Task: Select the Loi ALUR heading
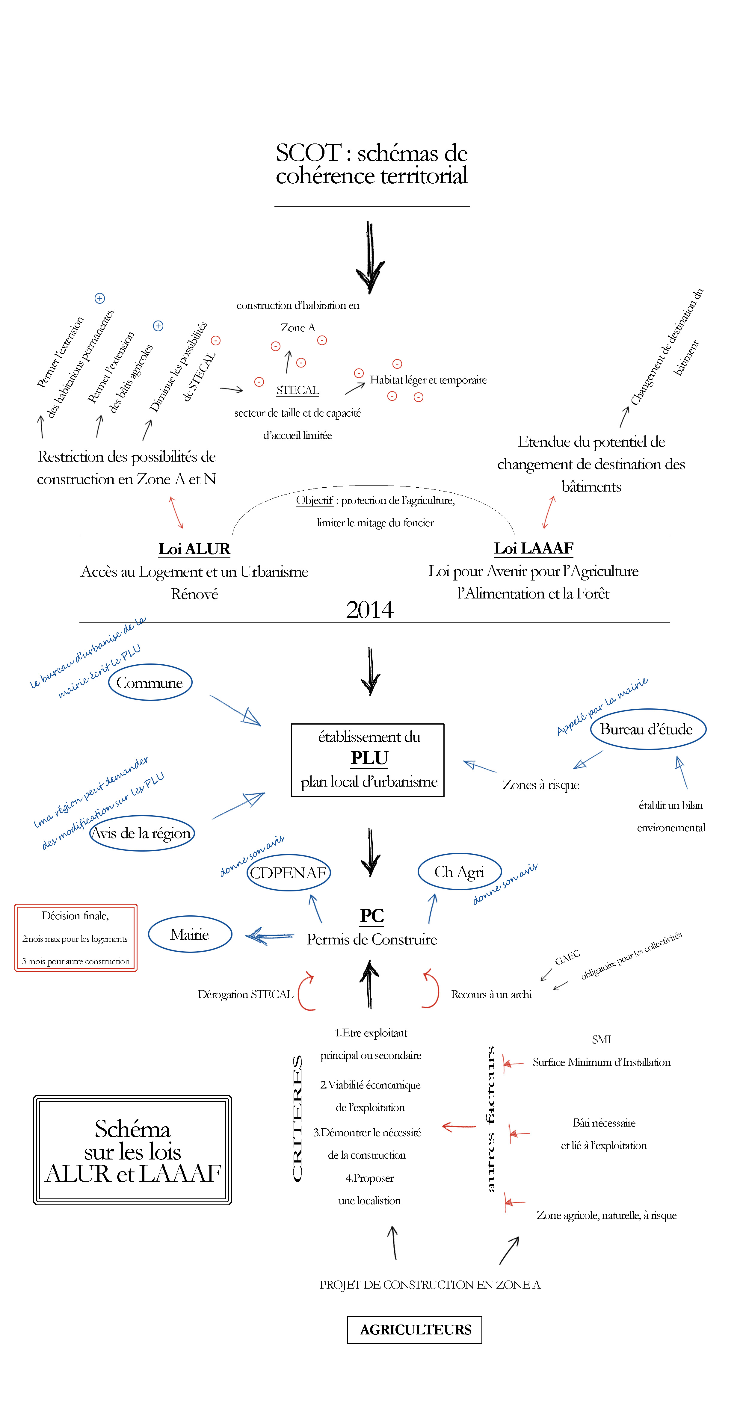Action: tap(194, 549)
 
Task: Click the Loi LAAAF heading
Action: tap(533, 548)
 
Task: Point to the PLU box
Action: tap(368, 760)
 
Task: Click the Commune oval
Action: tap(150, 682)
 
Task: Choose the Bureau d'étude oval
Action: tap(647, 729)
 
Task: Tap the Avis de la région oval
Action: tap(142, 833)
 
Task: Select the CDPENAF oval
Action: tap(289, 872)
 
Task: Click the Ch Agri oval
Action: tap(459, 872)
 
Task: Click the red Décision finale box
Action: tap(76, 938)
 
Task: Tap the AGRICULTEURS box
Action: tap(415, 1329)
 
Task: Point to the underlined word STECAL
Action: tap(297, 390)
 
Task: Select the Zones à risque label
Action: tap(541, 784)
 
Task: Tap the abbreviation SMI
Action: tap(601, 1039)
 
